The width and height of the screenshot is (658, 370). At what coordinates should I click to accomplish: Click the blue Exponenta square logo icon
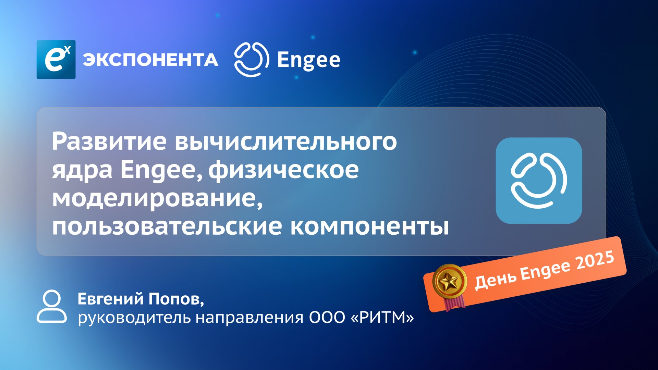56,60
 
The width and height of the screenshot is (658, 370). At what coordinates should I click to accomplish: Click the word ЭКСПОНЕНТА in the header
150,60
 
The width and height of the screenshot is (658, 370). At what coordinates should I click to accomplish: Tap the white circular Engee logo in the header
251,59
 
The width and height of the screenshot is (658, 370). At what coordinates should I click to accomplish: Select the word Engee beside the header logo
308,60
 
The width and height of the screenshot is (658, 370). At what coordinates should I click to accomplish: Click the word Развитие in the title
109,141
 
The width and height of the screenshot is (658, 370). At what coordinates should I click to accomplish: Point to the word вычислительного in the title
286,141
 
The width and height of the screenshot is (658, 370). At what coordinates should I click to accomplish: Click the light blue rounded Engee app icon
539,181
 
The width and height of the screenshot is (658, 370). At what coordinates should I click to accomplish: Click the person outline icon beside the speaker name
52,307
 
